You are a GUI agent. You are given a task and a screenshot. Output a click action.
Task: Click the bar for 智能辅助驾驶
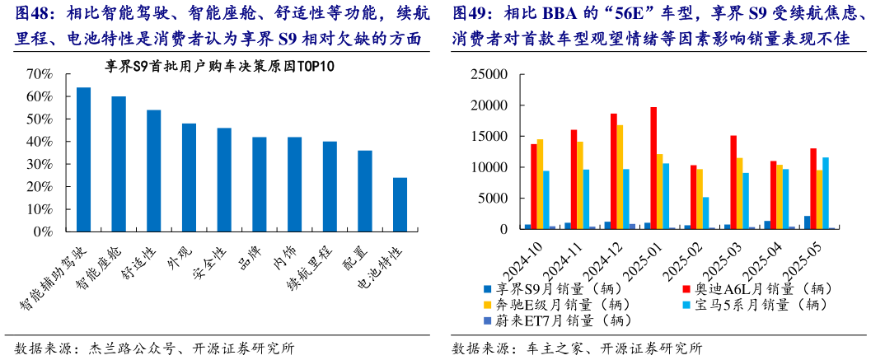pyautogui.click(x=83, y=159)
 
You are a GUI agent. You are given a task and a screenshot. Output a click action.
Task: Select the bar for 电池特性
pyautogui.click(x=400, y=204)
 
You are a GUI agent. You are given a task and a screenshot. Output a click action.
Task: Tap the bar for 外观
pyautogui.click(x=189, y=177)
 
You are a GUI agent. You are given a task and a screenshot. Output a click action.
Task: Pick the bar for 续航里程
pyautogui.click(x=330, y=186)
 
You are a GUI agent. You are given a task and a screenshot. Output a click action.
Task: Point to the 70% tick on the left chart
pyautogui.click(x=39, y=74)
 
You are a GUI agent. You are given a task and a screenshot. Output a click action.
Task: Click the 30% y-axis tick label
pyautogui.click(x=39, y=164)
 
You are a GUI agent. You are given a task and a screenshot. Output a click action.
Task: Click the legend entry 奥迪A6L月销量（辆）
pyautogui.click(x=758, y=288)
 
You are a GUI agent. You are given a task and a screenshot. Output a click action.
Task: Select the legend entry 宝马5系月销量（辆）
pyautogui.click(x=758, y=304)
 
